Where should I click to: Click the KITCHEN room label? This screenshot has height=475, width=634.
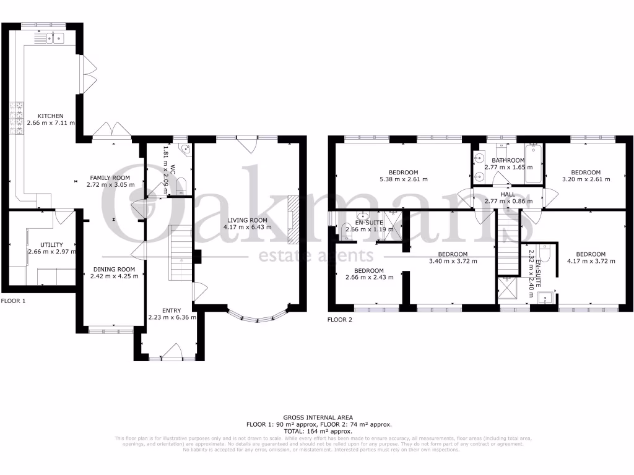coord(50,116)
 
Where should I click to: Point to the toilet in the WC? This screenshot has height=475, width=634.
coord(181,184)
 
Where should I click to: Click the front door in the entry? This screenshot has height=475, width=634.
coord(170,353)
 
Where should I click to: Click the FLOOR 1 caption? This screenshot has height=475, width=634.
coord(14,301)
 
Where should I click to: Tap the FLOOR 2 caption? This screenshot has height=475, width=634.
coord(339,320)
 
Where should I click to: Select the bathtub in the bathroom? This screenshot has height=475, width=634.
coord(533,163)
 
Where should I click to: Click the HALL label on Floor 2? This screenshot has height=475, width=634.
coord(508,194)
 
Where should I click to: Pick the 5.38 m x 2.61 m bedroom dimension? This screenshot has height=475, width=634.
coord(403,179)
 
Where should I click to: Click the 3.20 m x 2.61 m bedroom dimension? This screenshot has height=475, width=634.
coord(585,179)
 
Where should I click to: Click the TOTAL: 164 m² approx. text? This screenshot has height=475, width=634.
coord(317,431)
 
